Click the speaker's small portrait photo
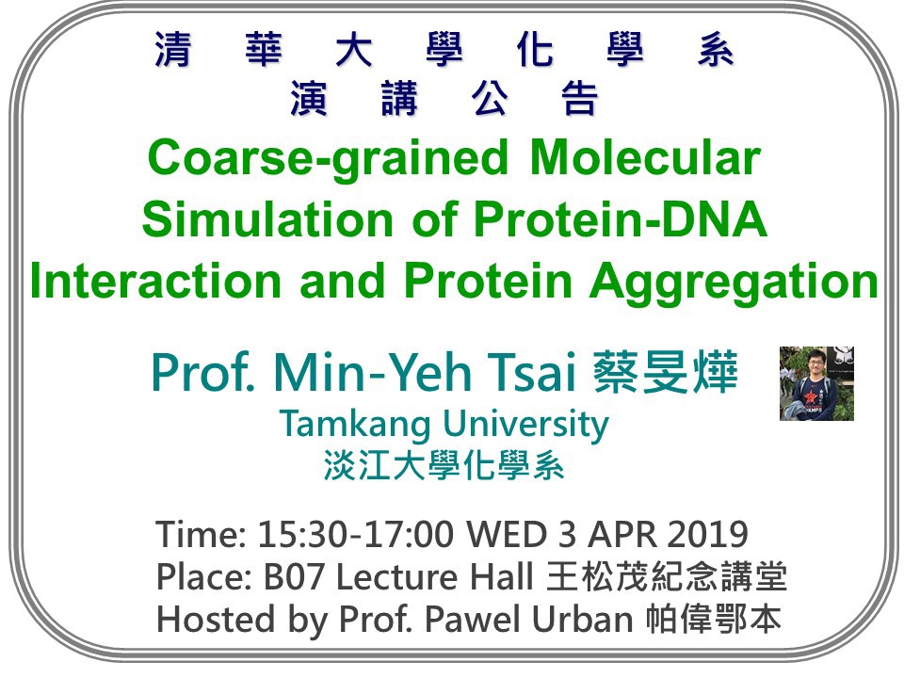pos(816,383)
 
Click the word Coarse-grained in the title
pos(328,160)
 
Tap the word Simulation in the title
pos(267,219)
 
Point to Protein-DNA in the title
pos(621,219)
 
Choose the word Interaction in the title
pos(155,281)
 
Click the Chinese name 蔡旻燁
pos(666,372)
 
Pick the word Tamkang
pos(355,426)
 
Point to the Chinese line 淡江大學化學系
pos(444,465)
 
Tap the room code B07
pos(294,576)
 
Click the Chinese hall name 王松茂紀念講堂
pos(667,576)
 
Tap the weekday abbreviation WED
pos(507,534)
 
